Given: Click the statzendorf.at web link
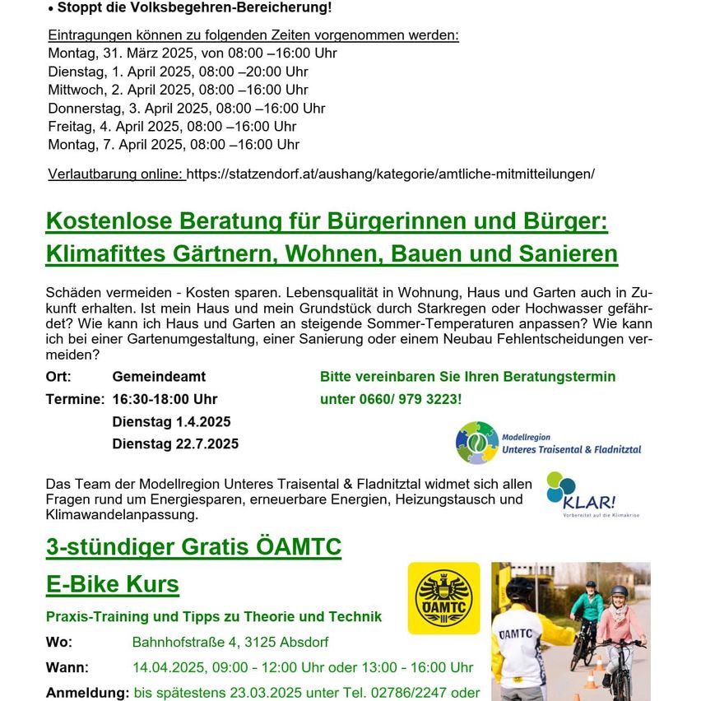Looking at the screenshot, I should (390, 174).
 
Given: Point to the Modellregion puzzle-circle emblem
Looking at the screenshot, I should (477, 443).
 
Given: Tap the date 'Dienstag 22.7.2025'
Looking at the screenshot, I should (175, 443).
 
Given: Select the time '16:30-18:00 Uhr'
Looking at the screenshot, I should (165, 399).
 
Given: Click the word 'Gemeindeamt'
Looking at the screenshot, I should (159, 377).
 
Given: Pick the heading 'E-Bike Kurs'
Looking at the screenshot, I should (113, 584).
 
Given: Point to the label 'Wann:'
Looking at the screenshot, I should (67, 667).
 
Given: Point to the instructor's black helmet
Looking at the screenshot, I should (520, 588).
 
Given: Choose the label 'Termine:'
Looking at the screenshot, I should (75, 399).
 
